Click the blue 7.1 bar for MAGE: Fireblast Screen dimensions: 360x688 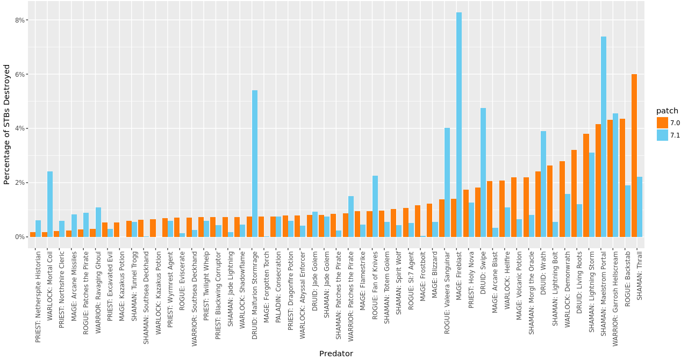(x=459, y=125)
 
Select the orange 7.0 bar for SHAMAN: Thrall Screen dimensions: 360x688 (x=634, y=156)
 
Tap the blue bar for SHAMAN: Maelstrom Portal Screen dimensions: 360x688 (x=604, y=137)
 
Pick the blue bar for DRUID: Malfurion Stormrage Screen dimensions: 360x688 (x=255, y=164)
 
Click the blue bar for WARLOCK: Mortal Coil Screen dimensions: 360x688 (x=50, y=204)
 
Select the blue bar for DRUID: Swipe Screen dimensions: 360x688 (x=483, y=172)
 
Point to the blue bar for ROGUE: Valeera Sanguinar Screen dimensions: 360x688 (x=447, y=183)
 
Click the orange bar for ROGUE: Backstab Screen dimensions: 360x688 (x=622, y=178)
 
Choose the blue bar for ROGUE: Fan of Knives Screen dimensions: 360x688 (x=375, y=206)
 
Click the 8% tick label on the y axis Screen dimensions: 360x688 (x=20, y=20)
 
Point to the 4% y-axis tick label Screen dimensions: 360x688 (x=20, y=128)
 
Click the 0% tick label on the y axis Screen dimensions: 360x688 (x=20, y=237)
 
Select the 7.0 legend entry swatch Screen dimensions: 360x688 (x=662, y=123)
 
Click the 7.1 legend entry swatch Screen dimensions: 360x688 (x=662, y=135)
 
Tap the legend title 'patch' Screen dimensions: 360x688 (x=667, y=111)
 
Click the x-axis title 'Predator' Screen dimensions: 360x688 (x=336, y=354)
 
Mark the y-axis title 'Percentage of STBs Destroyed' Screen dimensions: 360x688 (x=7, y=124)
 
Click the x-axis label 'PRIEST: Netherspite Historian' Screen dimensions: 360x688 (x=38, y=297)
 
